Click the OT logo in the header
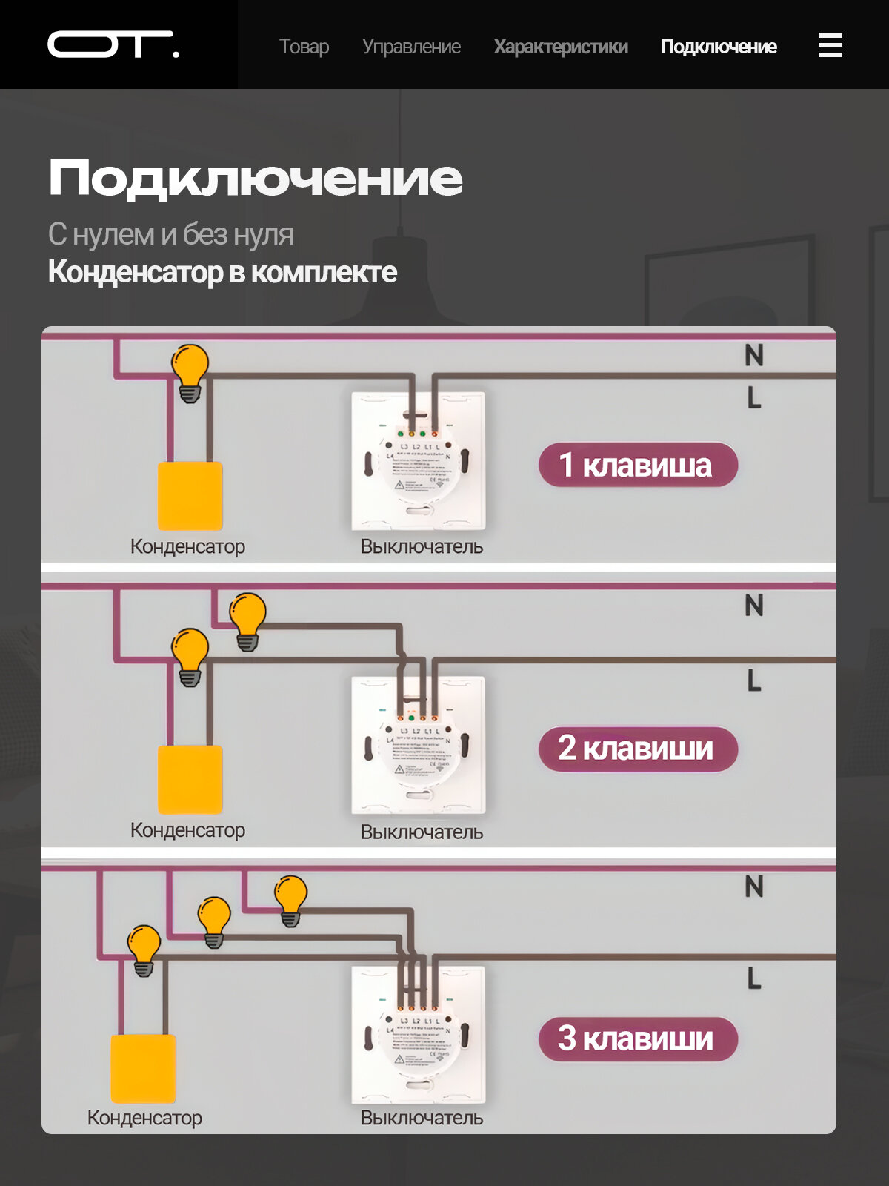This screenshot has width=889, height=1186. coord(113,44)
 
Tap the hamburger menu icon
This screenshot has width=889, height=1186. coord(830,45)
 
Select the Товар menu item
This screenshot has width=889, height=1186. coord(304,47)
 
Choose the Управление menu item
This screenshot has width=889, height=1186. coord(411,47)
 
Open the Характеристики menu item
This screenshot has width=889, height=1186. coord(561,47)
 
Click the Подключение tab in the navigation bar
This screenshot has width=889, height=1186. coord(719,47)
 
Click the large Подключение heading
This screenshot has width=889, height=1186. coord(256,179)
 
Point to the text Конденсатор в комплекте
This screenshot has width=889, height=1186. coord(222,272)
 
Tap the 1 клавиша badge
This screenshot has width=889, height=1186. coord(638,466)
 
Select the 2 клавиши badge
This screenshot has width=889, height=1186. coord(638,749)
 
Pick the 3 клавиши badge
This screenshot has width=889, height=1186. coord(638,1038)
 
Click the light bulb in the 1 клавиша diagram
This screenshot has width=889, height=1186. coord(190,371)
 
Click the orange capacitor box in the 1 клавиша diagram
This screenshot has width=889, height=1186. coord(190,496)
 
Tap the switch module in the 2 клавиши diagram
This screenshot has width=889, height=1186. coord(419,745)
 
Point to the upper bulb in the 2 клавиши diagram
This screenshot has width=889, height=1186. coord(247,620)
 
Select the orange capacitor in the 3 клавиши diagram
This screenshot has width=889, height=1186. coord(143,1068)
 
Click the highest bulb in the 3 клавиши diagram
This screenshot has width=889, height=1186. coord(290,898)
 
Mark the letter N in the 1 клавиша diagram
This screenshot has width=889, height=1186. coord(754,356)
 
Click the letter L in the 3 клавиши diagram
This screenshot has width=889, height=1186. coord(754,978)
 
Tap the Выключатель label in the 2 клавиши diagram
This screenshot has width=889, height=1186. coord(422,832)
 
